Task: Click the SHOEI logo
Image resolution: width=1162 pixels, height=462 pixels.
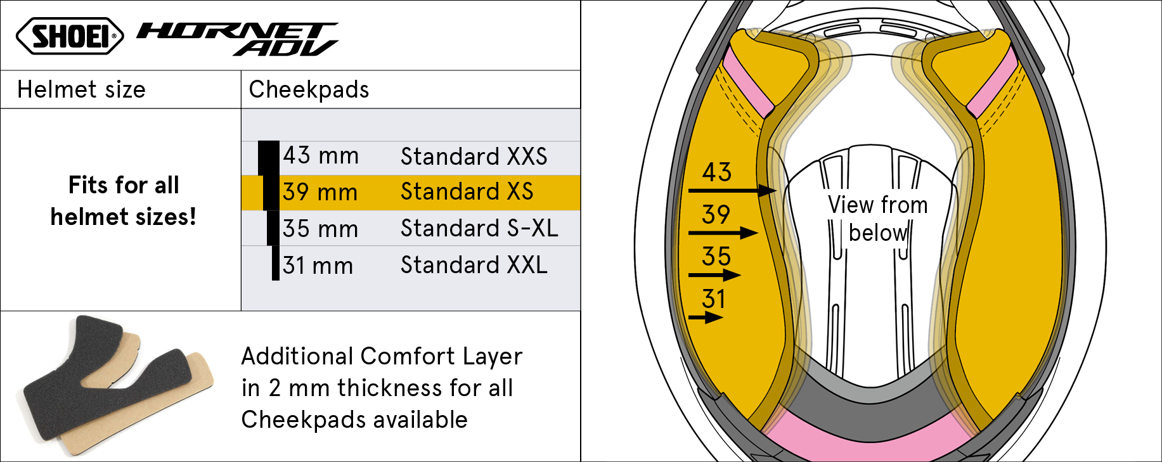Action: click(70, 35)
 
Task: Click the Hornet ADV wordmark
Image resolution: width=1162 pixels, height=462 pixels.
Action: click(238, 39)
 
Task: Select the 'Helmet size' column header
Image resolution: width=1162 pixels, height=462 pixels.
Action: click(81, 89)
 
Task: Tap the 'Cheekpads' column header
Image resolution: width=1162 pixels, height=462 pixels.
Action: click(309, 89)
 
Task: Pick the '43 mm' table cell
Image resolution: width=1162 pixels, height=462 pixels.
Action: click(321, 155)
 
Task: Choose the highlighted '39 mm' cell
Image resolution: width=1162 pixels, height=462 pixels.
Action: click(320, 192)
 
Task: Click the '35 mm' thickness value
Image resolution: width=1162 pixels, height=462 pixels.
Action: click(320, 229)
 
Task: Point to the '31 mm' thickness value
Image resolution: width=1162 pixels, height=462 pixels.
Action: click(318, 266)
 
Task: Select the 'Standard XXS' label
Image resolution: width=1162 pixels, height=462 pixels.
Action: click(474, 156)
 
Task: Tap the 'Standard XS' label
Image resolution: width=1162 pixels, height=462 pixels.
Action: click(467, 191)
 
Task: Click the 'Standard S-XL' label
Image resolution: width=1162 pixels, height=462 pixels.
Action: click(479, 228)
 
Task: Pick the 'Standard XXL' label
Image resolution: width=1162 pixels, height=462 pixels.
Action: click(474, 265)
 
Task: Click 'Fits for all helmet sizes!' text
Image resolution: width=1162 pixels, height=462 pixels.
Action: click(124, 201)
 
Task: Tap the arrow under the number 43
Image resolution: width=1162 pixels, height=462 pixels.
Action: click(732, 190)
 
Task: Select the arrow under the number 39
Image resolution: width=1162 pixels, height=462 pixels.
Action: click(723, 233)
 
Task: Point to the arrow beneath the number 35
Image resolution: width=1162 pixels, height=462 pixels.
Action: click(714, 275)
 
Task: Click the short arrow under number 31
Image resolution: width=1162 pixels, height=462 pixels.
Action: click(706, 318)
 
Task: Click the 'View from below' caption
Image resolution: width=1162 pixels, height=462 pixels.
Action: click(878, 219)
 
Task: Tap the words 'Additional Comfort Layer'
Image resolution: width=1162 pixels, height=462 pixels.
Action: click(382, 356)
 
